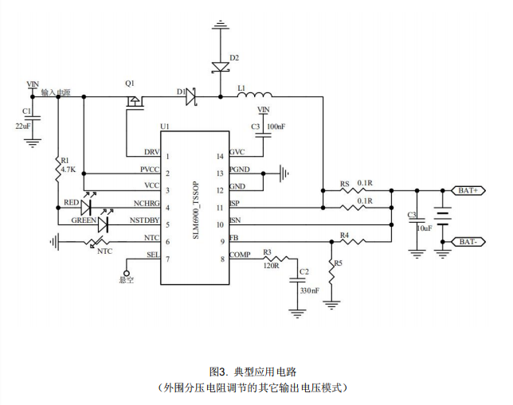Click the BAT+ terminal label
(468, 190)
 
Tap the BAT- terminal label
(468, 240)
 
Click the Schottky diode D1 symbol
(191, 97)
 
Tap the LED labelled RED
(87, 208)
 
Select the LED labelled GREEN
(102, 225)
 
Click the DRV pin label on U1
(151, 152)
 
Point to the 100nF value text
(276, 127)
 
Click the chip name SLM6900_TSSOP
(196, 208)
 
